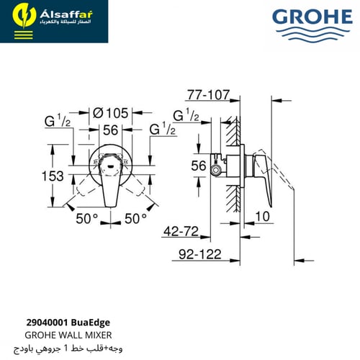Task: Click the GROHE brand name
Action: (312, 17)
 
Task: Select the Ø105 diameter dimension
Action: (111, 113)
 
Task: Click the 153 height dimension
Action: (53, 176)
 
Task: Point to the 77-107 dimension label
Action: (208, 95)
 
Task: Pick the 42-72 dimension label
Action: (181, 231)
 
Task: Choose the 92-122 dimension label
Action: (199, 254)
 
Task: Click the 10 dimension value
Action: (263, 217)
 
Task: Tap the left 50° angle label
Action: (87, 219)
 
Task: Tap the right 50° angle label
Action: (135, 219)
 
